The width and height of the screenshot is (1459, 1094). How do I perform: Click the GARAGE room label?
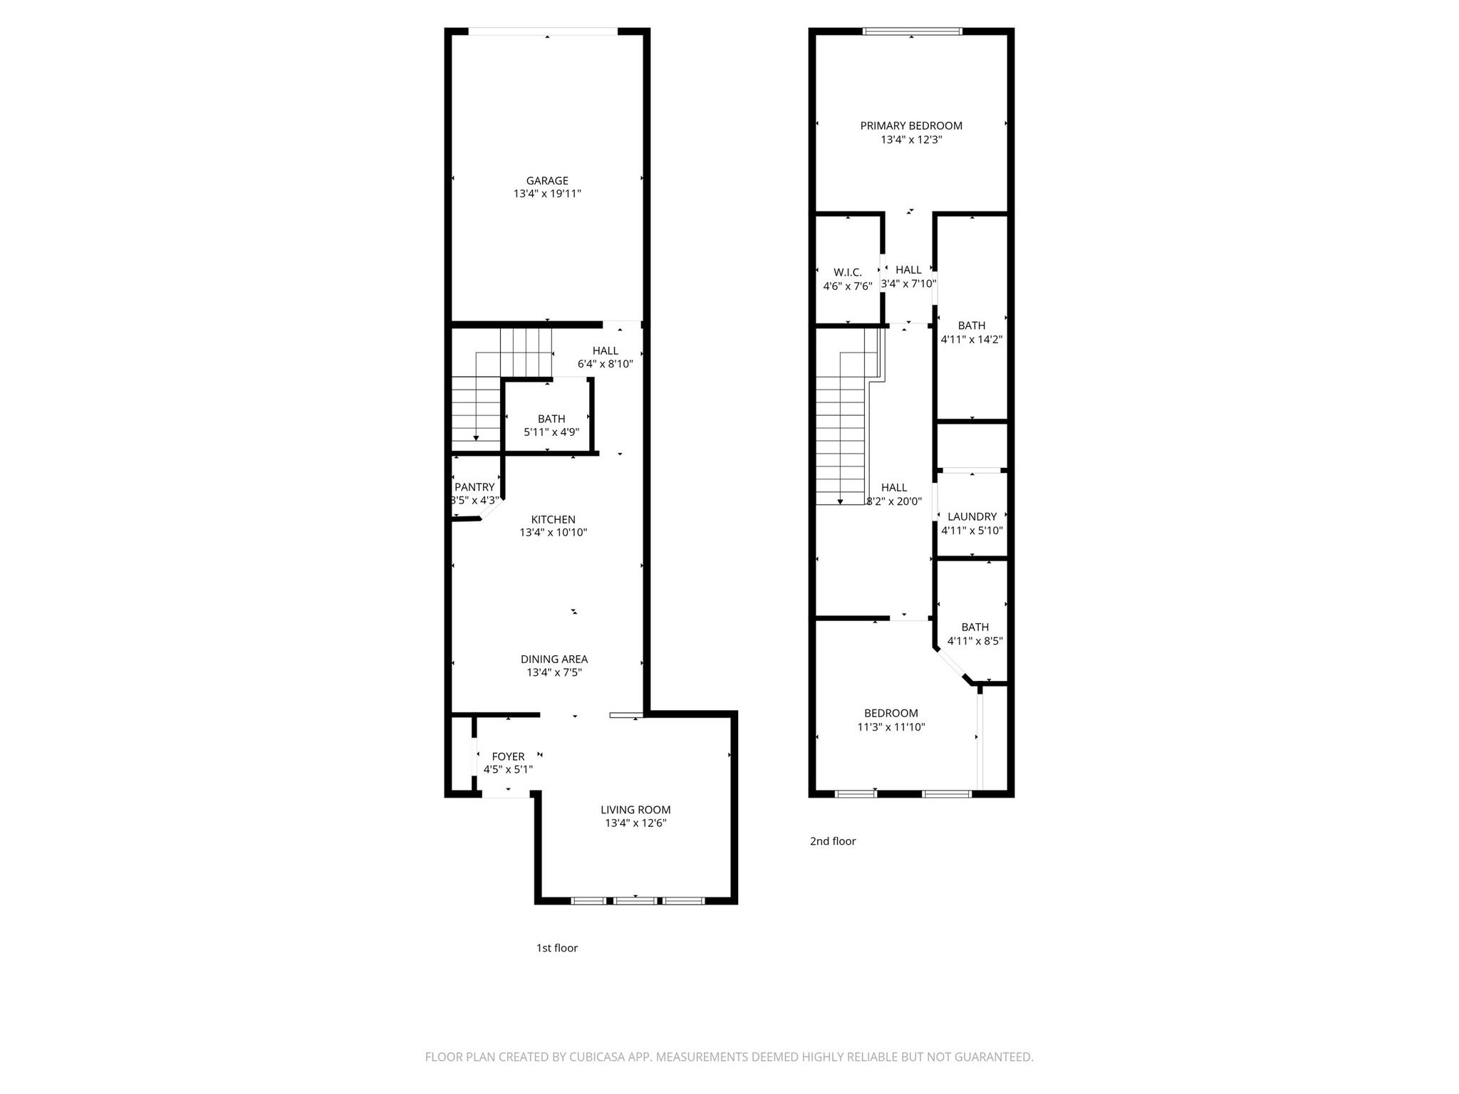tap(547, 181)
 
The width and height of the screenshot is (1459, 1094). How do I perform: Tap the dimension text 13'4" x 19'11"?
tap(547, 194)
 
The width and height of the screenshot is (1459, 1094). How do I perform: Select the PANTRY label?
tap(474, 487)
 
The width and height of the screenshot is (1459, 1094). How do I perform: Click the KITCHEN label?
tap(553, 520)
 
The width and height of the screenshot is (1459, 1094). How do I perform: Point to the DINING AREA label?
tap(554, 660)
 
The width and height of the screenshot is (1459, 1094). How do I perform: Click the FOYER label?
tap(508, 756)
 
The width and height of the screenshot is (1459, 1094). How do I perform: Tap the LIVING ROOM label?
tap(635, 810)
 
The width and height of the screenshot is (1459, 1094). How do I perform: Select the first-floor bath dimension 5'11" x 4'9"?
tap(551, 432)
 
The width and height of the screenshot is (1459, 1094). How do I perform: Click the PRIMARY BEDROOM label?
tap(911, 126)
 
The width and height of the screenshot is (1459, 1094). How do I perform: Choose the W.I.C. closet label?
tap(848, 273)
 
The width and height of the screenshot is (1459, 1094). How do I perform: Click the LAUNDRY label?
tap(972, 517)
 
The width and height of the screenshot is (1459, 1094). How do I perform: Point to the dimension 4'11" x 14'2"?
tap(972, 340)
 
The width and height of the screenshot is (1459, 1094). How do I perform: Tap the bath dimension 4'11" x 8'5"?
tap(975, 641)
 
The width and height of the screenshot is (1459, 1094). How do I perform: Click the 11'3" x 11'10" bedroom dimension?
tap(891, 727)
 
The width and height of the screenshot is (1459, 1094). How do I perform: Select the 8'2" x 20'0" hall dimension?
tap(894, 501)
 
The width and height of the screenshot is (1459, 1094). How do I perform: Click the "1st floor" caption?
tap(556, 948)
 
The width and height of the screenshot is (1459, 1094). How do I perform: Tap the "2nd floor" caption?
tap(832, 841)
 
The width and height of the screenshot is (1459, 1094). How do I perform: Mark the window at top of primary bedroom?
tap(912, 31)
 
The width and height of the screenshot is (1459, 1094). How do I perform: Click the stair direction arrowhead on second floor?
tap(841, 501)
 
